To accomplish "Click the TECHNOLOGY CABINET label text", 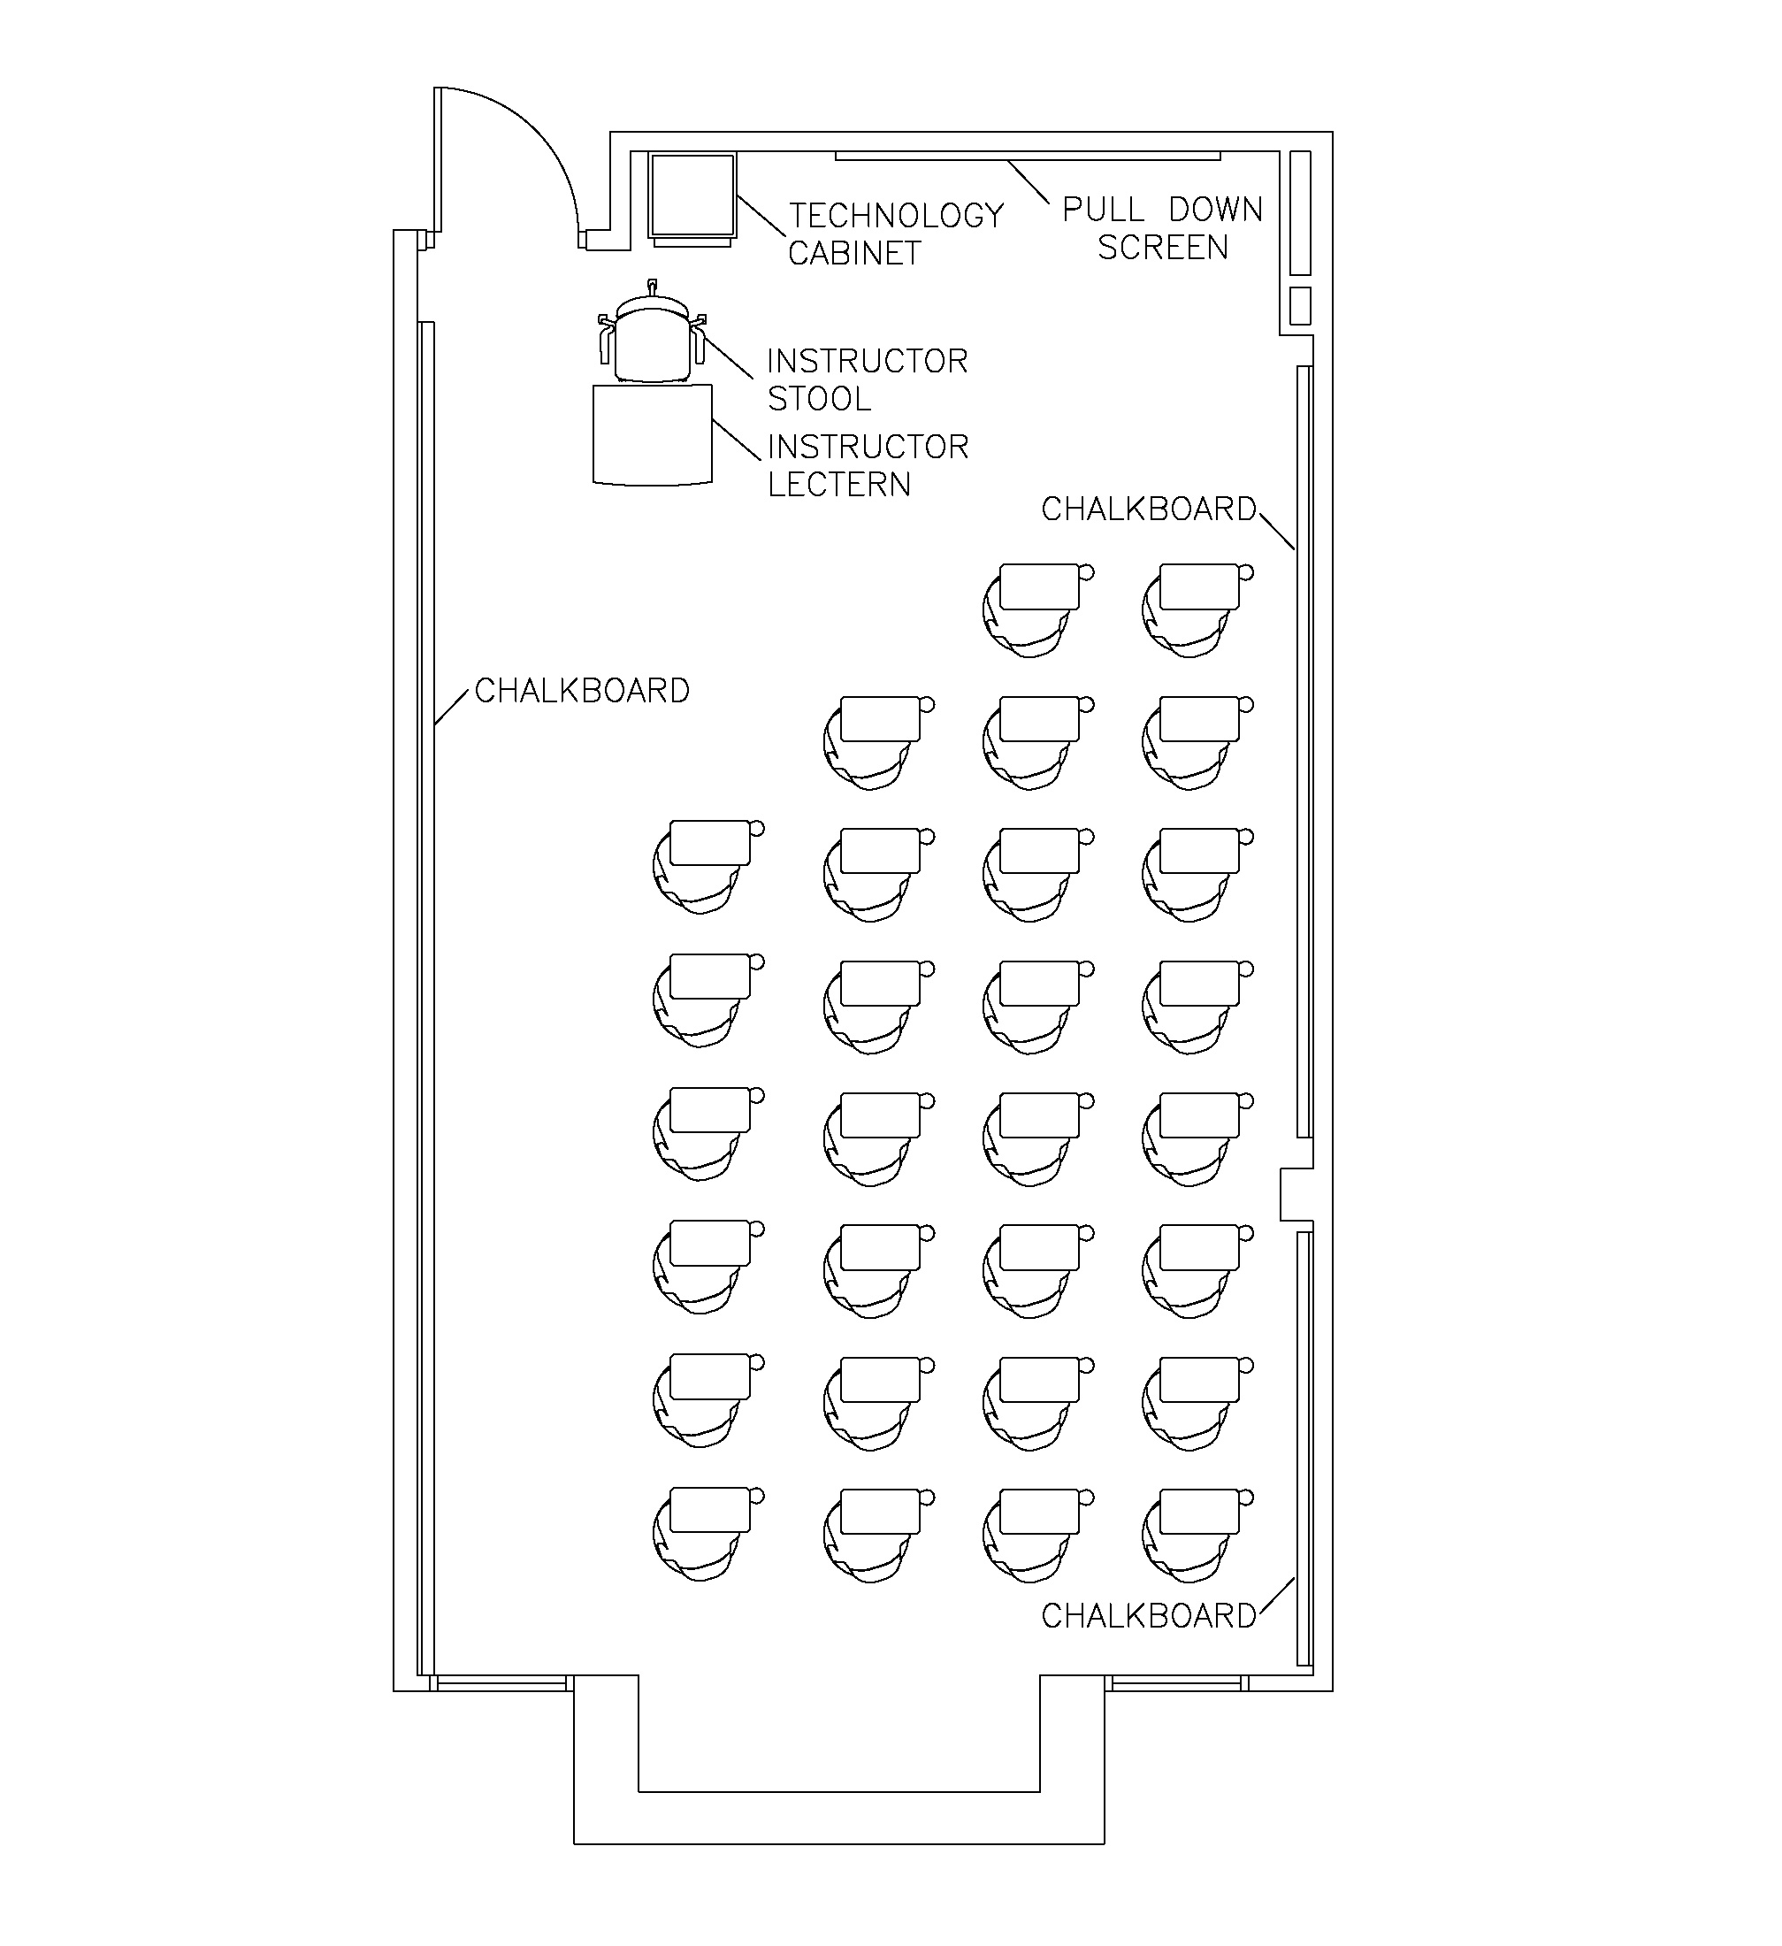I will pyautogui.click(x=895, y=234).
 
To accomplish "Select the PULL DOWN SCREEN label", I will pyautogui.click(x=1162, y=229).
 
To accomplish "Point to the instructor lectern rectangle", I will pyautogui.click(x=653, y=433).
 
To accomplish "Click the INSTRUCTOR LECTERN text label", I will pyautogui.click(x=867, y=465).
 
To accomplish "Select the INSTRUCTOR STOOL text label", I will pyautogui.click(x=866, y=379).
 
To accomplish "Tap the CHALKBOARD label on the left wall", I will pyautogui.click(x=582, y=691).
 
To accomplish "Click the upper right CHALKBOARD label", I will pyautogui.click(x=1148, y=509).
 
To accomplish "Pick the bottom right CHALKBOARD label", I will pyautogui.click(x=1148, y=1616).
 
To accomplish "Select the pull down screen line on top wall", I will pyautogui.click(x=1027, y=156).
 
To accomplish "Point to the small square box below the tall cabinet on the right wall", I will pyautogui.click(x=1300, y=306).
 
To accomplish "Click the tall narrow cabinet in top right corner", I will pyautogui.click(x=1300, y=212).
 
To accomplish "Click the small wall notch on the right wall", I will pyautogui.click(x=1296, y=1195).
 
